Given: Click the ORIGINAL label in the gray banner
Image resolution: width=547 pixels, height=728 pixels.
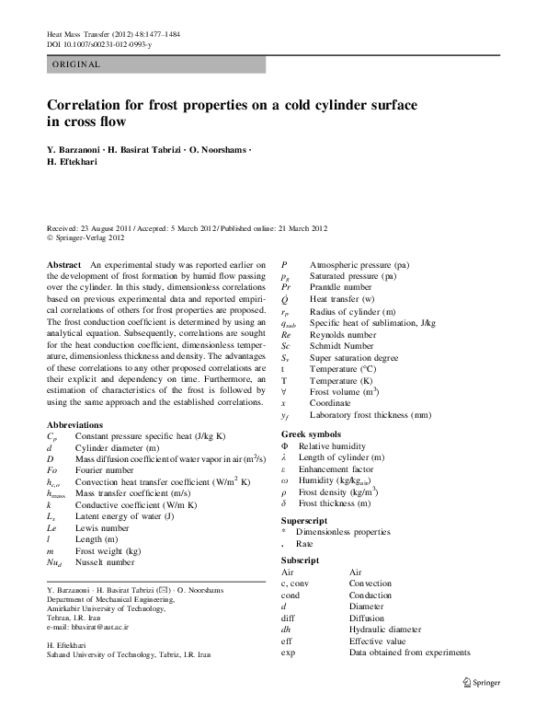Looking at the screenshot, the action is (75, 64).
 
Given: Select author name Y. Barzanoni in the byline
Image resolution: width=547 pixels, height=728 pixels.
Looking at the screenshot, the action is (78, 149).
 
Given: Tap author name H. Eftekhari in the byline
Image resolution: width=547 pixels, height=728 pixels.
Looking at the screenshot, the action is (76, 162).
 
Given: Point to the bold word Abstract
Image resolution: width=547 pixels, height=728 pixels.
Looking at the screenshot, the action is (63, 264).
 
